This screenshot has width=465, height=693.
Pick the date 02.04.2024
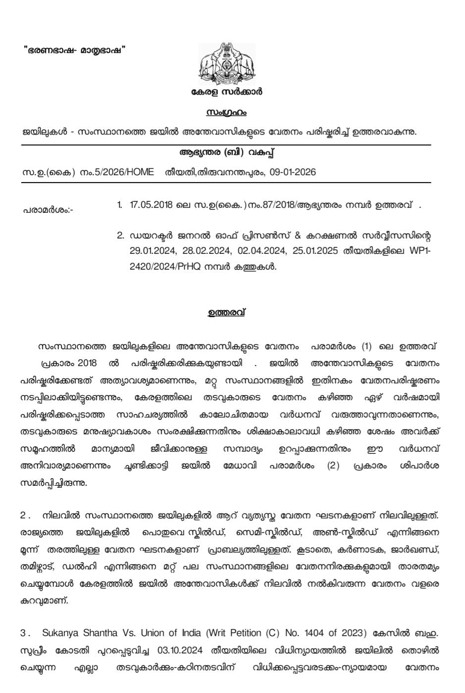tap(255, 251)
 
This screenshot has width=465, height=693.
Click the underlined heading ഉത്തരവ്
tap(226, 313)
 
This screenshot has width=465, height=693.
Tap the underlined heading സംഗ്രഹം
tap(226, 113)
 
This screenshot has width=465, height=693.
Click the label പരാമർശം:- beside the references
tap(48, 210)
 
